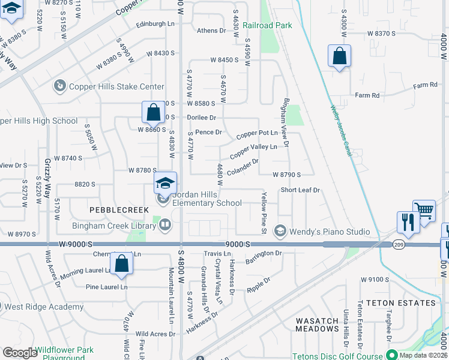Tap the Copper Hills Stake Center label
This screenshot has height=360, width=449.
click(x=116, y=86)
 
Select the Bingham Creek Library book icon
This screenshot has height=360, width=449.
click(x=164, y=225)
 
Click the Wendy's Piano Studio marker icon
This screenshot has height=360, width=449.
click(x=280, y=231)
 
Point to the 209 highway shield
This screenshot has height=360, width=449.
click(x=399, y=244)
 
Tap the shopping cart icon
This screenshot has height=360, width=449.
click(x=424, y=211)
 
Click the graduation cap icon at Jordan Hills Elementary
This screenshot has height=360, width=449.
click(x=165, y=183)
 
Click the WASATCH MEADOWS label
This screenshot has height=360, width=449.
click(x=317, y=325)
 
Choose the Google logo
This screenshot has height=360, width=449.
click(x=20, y=353)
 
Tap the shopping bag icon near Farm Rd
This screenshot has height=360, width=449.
click(x=339, y=56)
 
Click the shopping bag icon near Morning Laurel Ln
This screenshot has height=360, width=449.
click(x=121, y=265)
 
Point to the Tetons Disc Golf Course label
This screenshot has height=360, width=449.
click(x=337, y=356)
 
